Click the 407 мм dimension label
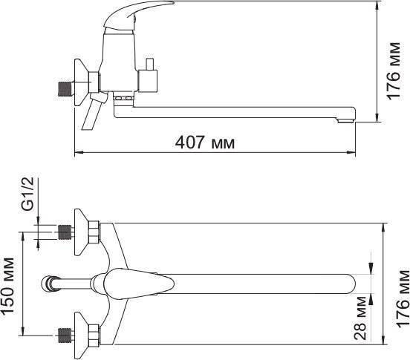pos(205,143)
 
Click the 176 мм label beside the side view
pos(394,71)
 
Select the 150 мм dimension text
pos(7,285)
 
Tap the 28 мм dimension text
pos(360,318)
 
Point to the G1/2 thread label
pos(27,194)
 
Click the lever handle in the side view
pos(136,14)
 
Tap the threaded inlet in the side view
pos(65,89)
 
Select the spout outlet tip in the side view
pos(345,121)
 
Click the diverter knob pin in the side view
pos(150,65)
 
